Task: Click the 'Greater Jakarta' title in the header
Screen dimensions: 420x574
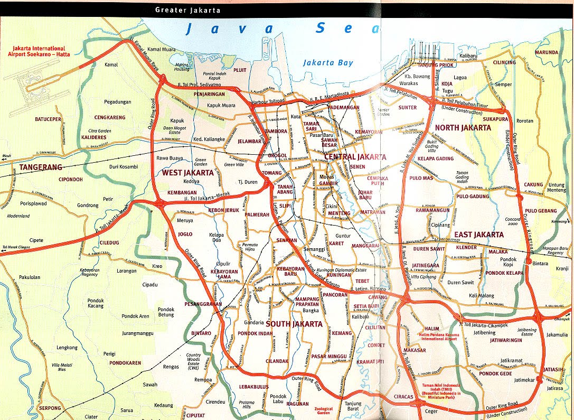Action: (187, 10)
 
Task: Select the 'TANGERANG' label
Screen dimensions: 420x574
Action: (41, 167)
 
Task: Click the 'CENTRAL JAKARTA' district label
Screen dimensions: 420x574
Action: (355, 157)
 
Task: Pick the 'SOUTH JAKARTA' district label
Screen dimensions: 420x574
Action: (294, 324)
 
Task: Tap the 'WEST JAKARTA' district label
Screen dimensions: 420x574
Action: (187, 173)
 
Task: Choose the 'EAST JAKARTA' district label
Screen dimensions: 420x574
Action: (478, 235)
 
